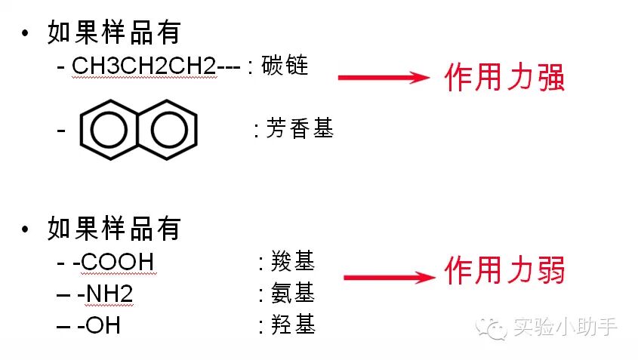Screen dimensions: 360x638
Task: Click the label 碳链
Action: [285, 66]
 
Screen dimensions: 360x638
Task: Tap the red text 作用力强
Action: [504, 78]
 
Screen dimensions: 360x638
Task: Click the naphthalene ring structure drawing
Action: [139, 129]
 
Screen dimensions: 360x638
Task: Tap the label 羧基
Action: [293, 262]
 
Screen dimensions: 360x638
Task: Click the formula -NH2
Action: [105, 294]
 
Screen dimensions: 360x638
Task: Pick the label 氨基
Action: [293, 294]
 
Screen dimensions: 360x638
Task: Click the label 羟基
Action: [293, 325]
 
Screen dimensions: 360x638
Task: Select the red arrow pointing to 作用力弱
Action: [390, 278]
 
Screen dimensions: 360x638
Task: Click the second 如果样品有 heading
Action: [114, 227]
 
